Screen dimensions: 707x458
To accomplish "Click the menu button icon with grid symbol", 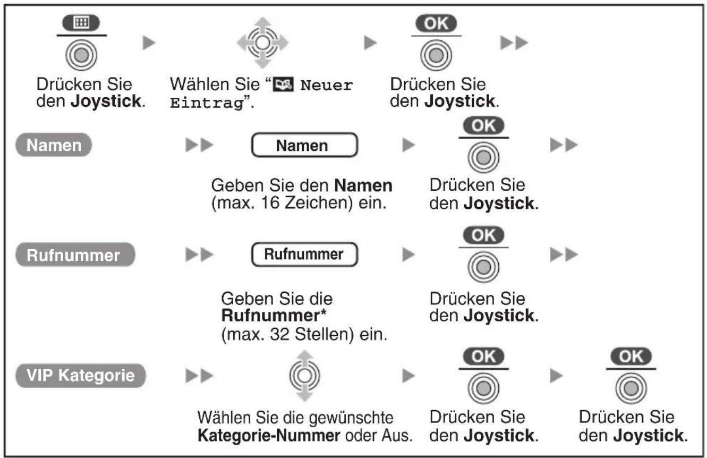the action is [x=81, y=23].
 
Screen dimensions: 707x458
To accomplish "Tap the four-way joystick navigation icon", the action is [x=262, y=43].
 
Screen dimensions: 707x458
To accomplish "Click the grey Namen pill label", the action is [x=54, y=145].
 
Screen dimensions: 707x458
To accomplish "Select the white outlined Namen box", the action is [x=304, y=145].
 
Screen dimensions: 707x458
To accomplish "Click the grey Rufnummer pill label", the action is [x=75, y=255].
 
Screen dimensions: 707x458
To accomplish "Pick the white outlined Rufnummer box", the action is [x=304, y=255].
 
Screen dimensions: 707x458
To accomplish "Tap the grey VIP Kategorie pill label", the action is [x=81, y=375].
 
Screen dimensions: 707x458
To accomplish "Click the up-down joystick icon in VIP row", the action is [x=304, y=376].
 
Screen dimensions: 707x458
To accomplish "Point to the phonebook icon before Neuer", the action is [x=283, y=84].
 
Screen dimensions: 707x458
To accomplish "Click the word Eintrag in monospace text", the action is [x=207, y=103].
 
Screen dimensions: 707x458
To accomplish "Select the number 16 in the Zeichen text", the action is [x=270, y=202].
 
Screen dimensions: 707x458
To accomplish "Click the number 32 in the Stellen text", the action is [x=279, y=334].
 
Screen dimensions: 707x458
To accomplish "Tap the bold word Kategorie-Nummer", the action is [x=269, y=436].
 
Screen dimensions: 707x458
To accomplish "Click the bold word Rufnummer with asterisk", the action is [x=274, y=315].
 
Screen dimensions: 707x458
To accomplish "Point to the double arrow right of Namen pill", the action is [x=200, y=145].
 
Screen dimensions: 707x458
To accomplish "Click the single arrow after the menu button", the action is [x=149, y=43].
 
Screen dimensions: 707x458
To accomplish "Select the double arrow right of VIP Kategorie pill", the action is [x=200, y=376].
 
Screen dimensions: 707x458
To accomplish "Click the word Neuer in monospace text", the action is [x=327, y=85].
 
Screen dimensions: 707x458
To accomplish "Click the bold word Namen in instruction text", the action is [x=363, y=185].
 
